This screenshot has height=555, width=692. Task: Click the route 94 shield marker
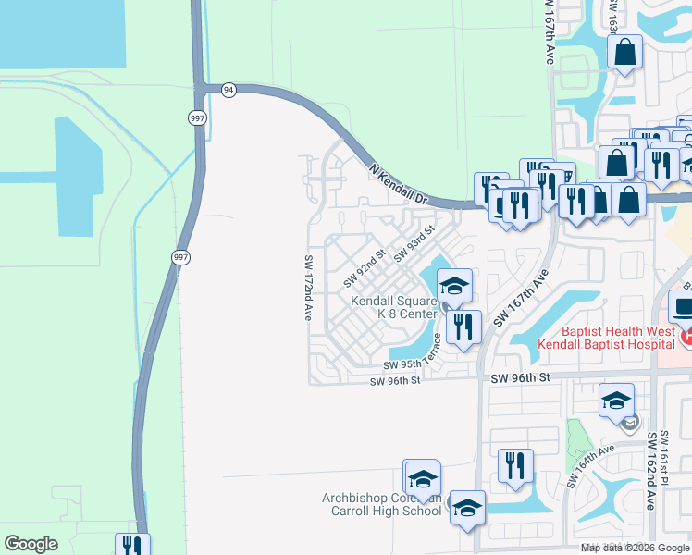229,89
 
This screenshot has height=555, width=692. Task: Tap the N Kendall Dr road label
400,185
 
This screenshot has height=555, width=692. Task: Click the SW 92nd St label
365,266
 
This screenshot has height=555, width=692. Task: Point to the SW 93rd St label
414,242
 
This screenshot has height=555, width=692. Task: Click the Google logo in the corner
31,544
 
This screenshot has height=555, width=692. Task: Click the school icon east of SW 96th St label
616,401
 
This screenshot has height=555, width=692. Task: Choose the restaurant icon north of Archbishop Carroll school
515,464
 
